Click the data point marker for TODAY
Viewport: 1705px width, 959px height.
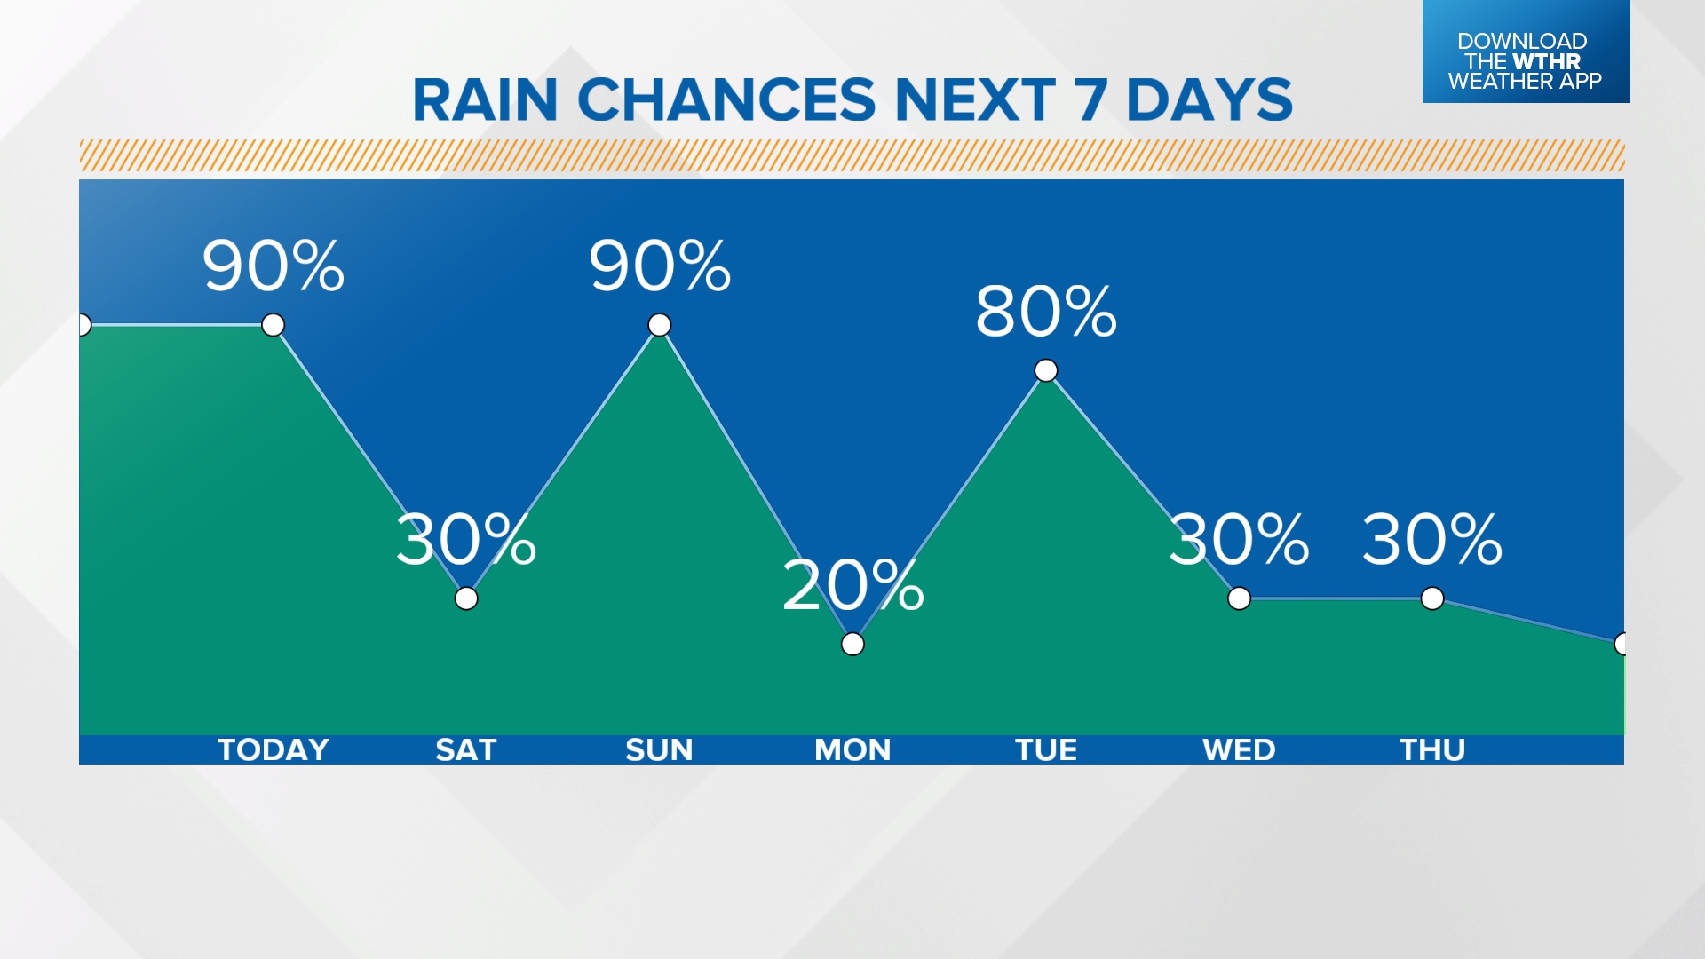point(273,325)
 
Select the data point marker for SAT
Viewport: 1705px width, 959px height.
point(466,598)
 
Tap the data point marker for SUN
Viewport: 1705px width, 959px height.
point(659,325)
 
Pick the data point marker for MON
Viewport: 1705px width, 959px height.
point(852,644)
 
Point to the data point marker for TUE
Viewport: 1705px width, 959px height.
point(1046,370)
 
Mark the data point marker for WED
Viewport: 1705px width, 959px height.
point(1239,598)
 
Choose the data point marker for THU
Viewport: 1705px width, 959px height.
point(1432,598)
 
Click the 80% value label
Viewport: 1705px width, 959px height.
point(1046,312)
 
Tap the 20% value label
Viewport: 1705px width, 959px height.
point(852,585)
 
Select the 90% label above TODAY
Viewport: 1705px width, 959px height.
point(273,266)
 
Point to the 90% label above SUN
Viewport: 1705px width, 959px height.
point(659,266)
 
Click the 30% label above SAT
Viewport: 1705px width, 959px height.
point(466,539)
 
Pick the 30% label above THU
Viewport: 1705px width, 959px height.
point(1432,539)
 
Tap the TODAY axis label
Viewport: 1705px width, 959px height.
point(273,750)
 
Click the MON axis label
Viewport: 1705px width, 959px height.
point(852,750)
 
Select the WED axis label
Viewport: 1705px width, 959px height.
point(1239,750)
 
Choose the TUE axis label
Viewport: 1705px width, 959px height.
point(1046,750)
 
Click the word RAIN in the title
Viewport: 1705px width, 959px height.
point(485,99)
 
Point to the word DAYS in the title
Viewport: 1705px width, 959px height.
point(1209,99)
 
